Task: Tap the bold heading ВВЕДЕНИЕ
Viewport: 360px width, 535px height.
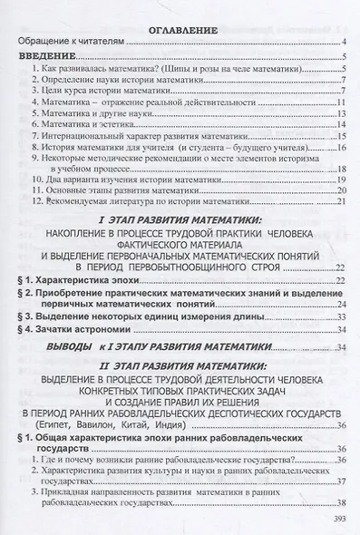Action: [50, 55]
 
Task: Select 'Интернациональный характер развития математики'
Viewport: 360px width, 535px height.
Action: [136, 143]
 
